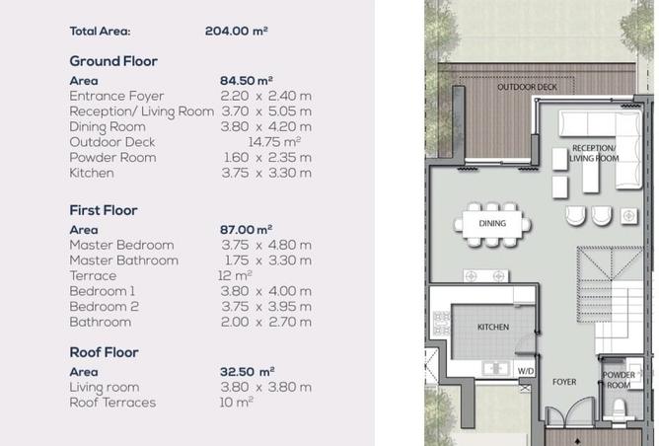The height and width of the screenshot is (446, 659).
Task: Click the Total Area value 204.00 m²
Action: point(237,32)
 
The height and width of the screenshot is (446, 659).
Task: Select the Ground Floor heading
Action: point(113,61)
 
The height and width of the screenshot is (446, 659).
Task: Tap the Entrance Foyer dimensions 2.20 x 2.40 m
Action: point(266,97)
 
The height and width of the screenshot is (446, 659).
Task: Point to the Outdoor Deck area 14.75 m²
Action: point(274,142)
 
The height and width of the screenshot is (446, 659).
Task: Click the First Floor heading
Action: point(104,210)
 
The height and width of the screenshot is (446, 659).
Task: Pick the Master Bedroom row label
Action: point(122,245)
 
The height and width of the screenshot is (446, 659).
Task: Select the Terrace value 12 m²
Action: point(235,275)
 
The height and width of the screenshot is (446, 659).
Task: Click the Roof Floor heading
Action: point(104,352)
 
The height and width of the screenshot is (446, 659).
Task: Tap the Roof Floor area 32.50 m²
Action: point(247,372)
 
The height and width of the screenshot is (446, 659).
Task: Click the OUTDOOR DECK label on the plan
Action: point(527,87)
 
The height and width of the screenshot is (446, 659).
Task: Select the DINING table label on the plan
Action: point(492,223)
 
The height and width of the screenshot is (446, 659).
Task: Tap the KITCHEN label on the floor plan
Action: point(493,327)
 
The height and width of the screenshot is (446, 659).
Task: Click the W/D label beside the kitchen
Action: point(526,371)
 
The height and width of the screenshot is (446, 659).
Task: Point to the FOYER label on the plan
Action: point(564,382)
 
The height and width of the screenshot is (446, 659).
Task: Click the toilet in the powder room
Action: point(618,409)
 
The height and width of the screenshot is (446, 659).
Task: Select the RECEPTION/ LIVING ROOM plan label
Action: point(594,153)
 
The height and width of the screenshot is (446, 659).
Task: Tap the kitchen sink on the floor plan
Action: point(496,369)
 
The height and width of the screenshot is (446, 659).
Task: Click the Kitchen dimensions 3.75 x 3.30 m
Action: point(266,174)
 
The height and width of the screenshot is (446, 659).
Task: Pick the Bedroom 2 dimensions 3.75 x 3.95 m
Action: point(266,307)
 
